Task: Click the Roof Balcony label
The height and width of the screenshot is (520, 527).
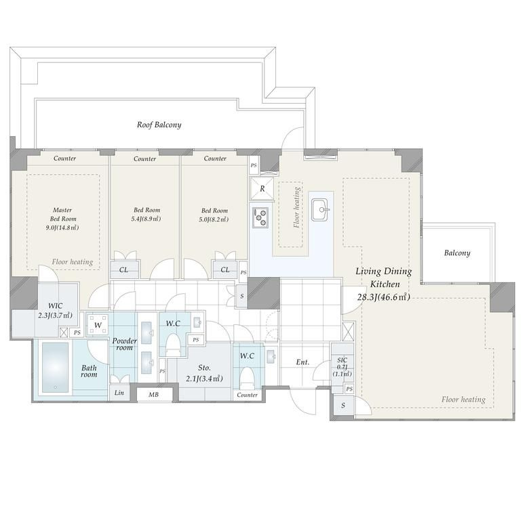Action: pyautogui.click(x=159, y=125)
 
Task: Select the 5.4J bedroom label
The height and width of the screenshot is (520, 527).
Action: pyautogui.click(x=147, y=215)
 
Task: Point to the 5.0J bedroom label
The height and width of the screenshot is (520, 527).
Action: pyautogui.click(x=215, y=215)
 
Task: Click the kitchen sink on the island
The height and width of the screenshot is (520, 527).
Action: pyautogui.click(x=319, y=210)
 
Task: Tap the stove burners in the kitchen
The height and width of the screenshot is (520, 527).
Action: pyautogui.click(x=260, y=217)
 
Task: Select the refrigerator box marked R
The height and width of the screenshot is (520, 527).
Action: pyautogui.click(x=262, y=189)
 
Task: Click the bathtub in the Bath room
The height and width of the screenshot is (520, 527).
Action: pyautogui.click(x=56, y=368)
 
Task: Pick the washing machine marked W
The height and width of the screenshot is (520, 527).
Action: pyautogui.click(x=98, y=325)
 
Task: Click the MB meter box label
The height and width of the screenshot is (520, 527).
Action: pyautogui.click(x=153, y=395)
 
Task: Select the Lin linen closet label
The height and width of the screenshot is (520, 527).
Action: pyautogui.click(x=119, y=393)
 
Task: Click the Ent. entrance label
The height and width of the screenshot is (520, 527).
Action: pyautogui.click(x=302, y=362)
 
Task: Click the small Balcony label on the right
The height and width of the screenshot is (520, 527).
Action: pyautogui.click(x=457, y=253)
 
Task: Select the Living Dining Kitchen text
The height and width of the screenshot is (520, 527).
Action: pyautogui.click(x=384, y=278)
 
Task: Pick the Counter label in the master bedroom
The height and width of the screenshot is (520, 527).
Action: pyautogui.click(x=64, y=158)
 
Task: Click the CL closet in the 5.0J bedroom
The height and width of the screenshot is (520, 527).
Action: pyautogui.click(x=225, y=269)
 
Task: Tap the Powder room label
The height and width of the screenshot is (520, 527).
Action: pyautogui.click(x=124, y=344)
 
